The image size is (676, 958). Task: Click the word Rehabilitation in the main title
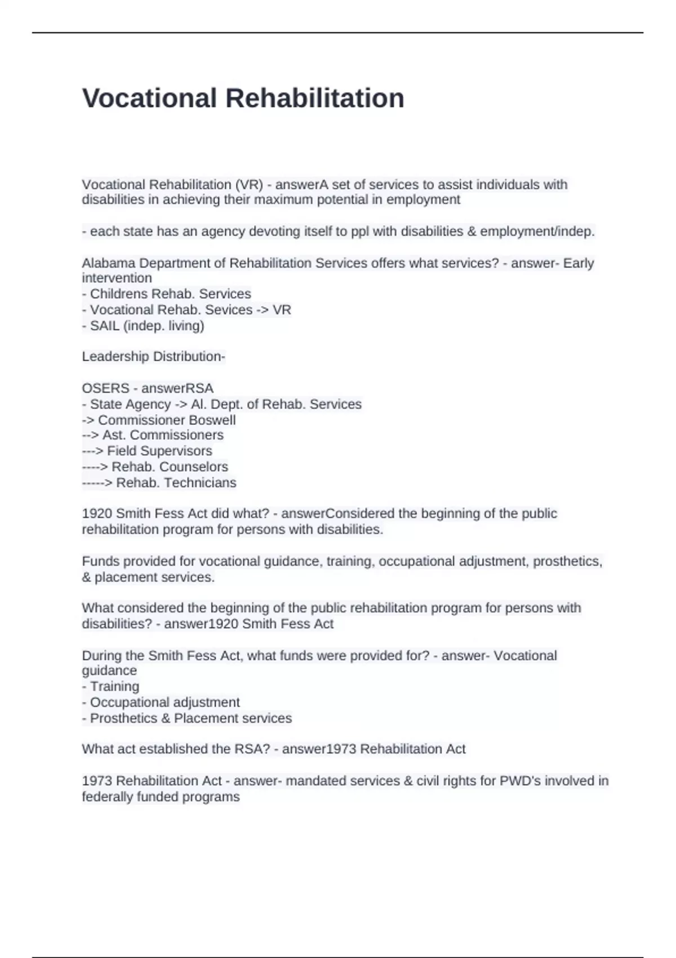(x=315, y=98)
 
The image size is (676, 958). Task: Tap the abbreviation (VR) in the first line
(x=249, y=184)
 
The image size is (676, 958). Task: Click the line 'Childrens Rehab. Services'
(x=170, y=294)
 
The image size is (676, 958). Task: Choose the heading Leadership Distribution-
(x=153, y=357)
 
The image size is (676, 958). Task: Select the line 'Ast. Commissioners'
(x=163, y=435)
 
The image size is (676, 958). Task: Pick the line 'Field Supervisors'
(x=159, y=451)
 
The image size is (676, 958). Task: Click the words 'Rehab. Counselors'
(x=170, y=467)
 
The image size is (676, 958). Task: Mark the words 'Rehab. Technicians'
(x=176, y=482)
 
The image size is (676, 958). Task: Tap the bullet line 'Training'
(x=114, y=686)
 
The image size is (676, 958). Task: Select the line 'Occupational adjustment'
(x=164, y=702)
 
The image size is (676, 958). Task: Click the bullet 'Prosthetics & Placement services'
(x=190, y=718)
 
